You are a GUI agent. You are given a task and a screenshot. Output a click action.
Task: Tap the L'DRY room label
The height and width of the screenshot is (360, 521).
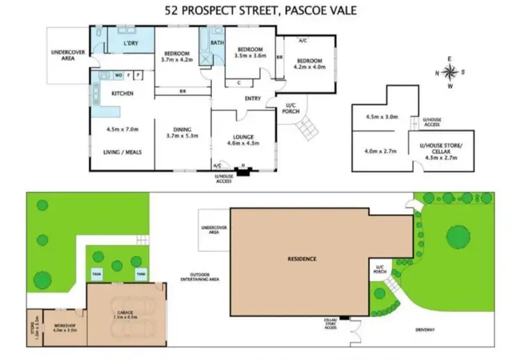coord(130,44)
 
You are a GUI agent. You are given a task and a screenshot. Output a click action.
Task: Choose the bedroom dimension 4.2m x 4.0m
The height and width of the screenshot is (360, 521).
coord(306,68)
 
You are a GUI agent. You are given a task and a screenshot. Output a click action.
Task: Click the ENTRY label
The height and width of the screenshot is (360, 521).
coord(253,99)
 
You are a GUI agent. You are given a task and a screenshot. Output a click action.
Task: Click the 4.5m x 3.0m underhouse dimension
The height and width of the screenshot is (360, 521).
coord(381,117)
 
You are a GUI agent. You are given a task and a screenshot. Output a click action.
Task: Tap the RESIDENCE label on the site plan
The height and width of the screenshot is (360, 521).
coord(302,259)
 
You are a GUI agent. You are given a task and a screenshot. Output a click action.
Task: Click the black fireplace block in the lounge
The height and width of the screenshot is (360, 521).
coord(242,171)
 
